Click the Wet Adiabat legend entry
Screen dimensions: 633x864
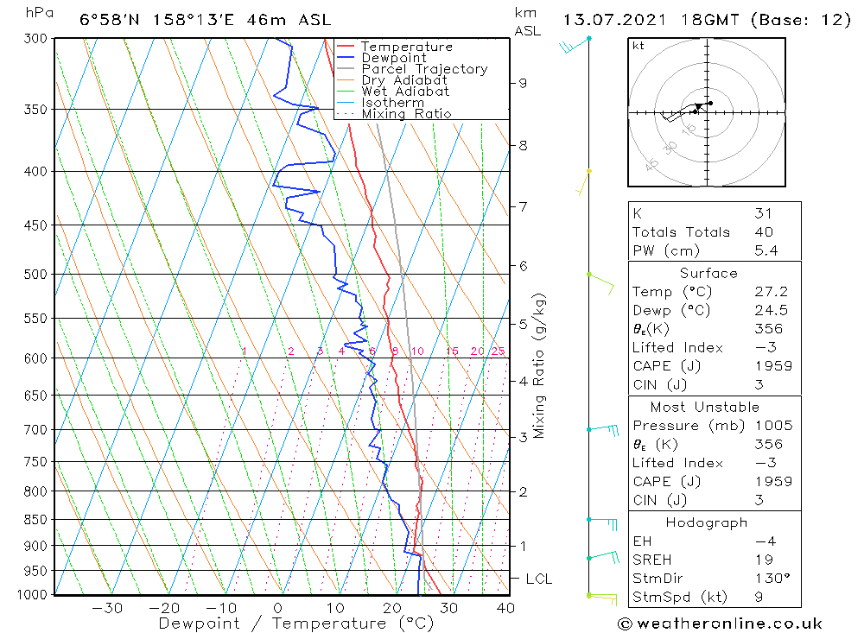coord(405,92)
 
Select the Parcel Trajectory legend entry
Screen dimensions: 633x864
coord(424,69)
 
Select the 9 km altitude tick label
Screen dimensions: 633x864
coord(524,83)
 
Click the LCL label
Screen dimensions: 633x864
coord(538,579)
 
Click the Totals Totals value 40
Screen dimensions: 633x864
coord(763,231)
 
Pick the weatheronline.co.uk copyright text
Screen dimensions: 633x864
coord(720,624)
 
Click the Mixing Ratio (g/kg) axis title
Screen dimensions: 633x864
coord(540,365)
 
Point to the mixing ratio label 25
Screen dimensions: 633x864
coord(498,351)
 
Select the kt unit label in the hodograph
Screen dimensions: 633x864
coord(638,46)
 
